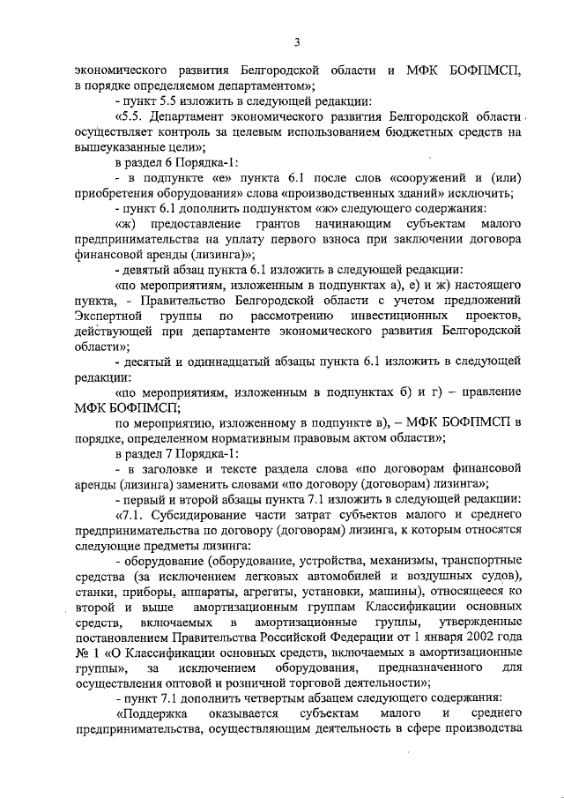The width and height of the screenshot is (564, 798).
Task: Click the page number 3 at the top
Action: coord(297,41)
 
